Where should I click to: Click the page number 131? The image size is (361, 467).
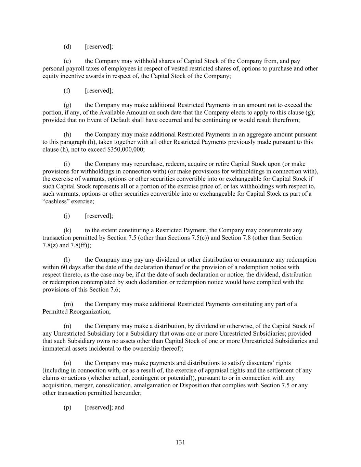180,442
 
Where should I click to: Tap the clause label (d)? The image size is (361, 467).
67,47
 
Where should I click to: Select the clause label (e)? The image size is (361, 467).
67,61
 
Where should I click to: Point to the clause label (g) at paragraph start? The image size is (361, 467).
67,105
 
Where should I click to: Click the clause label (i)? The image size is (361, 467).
67,164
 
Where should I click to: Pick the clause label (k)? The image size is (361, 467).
67,230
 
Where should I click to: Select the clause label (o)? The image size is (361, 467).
67,363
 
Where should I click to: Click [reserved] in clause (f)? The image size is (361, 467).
99,91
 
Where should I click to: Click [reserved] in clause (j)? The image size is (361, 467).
99,216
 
